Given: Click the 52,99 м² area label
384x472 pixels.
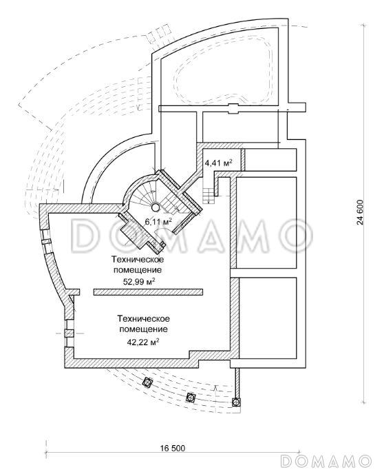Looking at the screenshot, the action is click(139, 281).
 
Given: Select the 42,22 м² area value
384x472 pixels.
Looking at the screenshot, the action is click(143, 342).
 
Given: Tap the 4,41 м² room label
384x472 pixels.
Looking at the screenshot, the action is click(219, 163).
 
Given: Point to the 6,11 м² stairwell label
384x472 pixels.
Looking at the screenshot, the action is click(158, 222).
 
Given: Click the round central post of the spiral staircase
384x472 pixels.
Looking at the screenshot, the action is click(156, 207).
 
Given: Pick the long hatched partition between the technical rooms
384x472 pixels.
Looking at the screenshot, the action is click(148, 291).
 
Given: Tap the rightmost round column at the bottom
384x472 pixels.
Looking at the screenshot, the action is click(237, 402).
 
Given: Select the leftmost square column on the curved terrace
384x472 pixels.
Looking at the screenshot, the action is click(148, 382).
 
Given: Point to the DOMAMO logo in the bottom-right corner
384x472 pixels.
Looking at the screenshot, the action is click(326, 460).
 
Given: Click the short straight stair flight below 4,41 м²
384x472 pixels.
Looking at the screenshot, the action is click(207, 196).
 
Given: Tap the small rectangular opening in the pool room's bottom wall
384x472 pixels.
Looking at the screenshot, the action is click(234, 108).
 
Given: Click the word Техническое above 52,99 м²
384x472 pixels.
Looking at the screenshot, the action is click(138, 259).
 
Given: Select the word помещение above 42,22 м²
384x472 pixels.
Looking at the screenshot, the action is click(143, 329).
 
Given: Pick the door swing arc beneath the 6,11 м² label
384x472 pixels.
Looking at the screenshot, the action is click(164, 232).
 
